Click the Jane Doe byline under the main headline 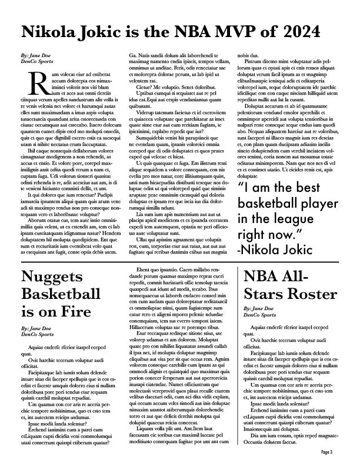coord(35,55)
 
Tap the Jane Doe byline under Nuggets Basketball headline coord(35,328)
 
